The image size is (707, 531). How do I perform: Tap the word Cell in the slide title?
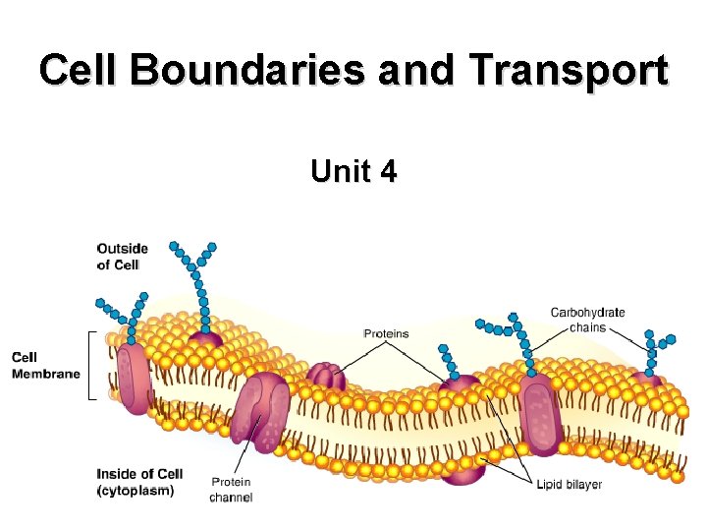click(x=82, y=72)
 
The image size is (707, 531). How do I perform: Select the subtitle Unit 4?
click(x=353, y=172)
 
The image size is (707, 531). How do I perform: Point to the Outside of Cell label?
click(x=122, y=257)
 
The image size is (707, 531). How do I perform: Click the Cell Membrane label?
click(x=46, y=365)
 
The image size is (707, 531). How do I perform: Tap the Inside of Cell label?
click(x=139, y=475)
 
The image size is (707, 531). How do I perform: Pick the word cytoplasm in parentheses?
click(x=136, y=491)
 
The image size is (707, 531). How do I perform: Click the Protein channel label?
click(x=231, y=490)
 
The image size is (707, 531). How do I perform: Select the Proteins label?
click(x=386, y=334)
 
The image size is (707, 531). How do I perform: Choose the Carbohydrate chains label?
click(x=587, y=320)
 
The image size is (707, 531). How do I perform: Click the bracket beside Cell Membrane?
click(x=90, y=366)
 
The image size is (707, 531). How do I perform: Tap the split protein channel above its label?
click(x=261, y=413)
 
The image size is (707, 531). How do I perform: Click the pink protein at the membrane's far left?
click(x=133, y=379)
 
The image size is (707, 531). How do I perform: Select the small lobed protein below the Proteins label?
click(x=326, y=377)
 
